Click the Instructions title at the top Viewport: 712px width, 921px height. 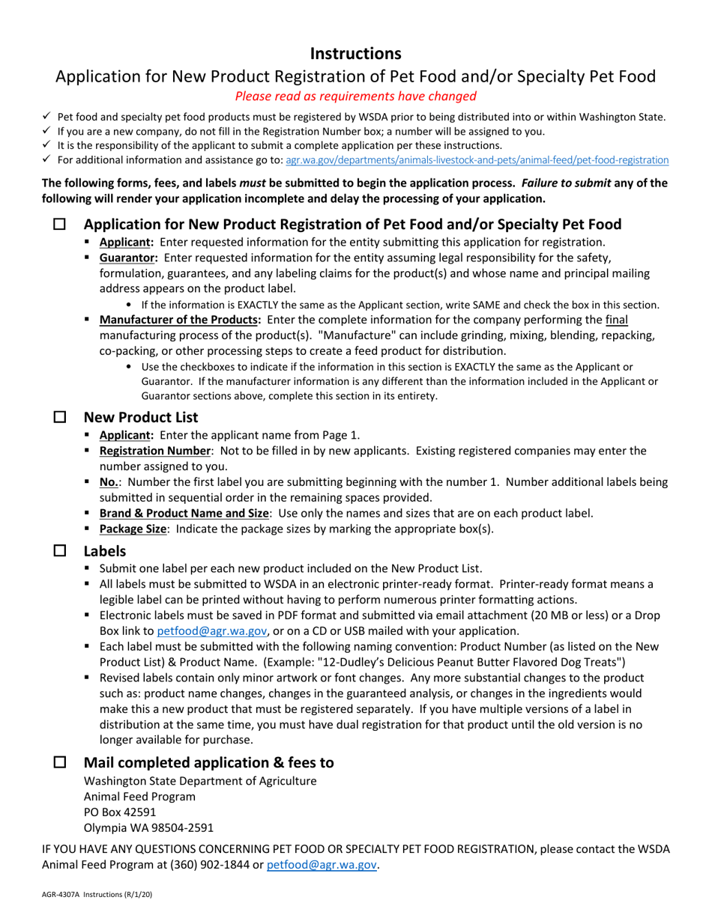pos(356,54)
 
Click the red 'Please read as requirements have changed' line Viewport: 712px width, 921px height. pos(356,96)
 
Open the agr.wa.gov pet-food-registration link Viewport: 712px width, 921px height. pos(477,159)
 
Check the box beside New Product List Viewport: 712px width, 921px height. pos(59,417)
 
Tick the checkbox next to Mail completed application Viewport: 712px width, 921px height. pos(59,762)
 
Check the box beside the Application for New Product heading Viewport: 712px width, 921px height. pos(59,225)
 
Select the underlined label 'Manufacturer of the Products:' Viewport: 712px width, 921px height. pos(180,320)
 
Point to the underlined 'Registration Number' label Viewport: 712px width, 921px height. pos(155,451)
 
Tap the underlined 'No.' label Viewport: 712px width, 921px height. pos(109,482)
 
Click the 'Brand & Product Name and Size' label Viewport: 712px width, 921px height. pos(184,513)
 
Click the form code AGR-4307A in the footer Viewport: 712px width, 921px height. pos(61,895)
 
